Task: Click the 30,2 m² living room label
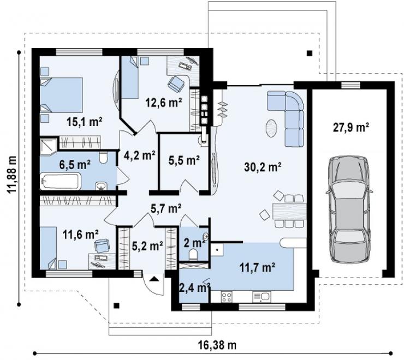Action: pyautogui.click(x=262, y=167)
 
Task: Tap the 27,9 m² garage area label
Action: pyautogui.click(x=351, y=127)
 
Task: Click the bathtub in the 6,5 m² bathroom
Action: pyautogui.click(x=61, y=181)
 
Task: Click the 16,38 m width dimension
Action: pyautogui.click(x=217, y=345)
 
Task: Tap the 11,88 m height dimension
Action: pyautogui.click(x=12, y=175)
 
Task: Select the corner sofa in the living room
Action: pyautogui.click(x=286, y=118)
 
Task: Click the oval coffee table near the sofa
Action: pyautogui.click(x=271, y=128)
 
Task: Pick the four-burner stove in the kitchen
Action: pyautogui.click(x=227, y=297)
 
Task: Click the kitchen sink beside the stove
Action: pyautogui.click(x=262, y=297)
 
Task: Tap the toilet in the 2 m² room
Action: pyautogui.click(x=193, y=254)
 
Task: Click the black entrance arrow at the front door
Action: pyautogui.click(x=154, y=278)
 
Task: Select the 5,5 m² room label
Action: pyautogui.click(x=184, y=160)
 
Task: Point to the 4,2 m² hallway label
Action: pyautogui.click(x=139, y=155)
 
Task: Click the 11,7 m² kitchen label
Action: pyautogui.click(x=257, y=267)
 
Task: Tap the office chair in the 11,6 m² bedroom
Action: pyautogui.click(x=102, y=245)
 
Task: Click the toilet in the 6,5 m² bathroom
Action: pyautogui.click(x=103, y=158)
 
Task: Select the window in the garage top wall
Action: pyautogui.click(x=350, y=85)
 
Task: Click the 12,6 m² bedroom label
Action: pyautogui.click(x=164, y=103)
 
